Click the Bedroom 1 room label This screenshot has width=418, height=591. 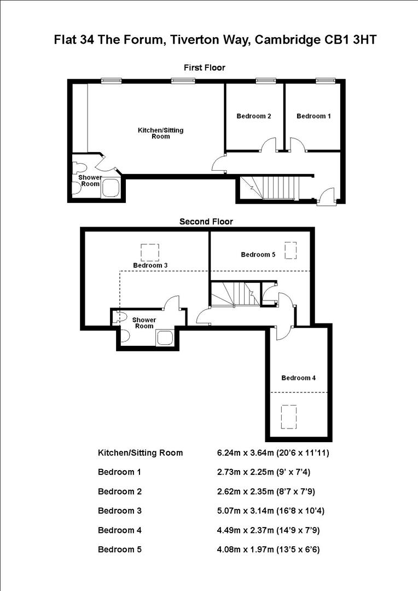313,116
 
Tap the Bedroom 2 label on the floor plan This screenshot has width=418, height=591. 254,116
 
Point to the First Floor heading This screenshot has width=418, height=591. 204,67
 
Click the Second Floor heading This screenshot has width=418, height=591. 206,222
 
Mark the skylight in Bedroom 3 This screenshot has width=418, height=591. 149,252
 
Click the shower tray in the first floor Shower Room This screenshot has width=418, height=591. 111,188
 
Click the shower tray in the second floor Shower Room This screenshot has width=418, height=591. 165,338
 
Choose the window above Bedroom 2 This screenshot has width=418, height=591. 265,81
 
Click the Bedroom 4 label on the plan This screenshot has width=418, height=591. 298,378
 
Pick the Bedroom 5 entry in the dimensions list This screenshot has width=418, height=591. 119,549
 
